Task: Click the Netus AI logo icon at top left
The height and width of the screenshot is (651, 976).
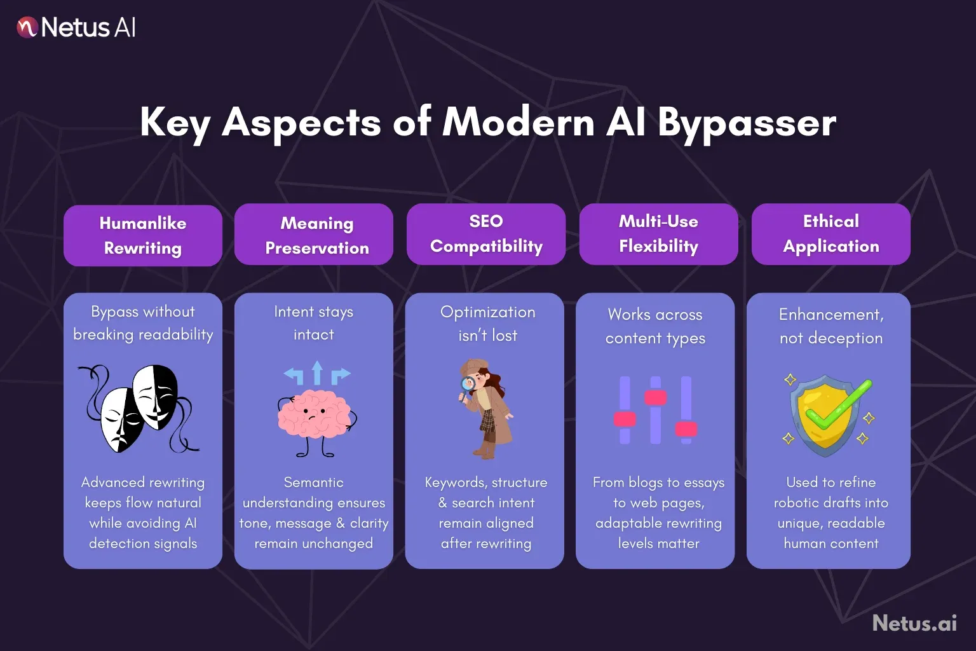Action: coord(27,27)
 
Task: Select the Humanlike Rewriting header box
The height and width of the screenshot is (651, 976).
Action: coord(143,235)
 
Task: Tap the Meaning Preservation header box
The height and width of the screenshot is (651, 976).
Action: coord(316,235)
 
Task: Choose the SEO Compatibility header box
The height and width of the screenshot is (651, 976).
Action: coord(486,234)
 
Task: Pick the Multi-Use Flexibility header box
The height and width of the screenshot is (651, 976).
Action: coord(658,234)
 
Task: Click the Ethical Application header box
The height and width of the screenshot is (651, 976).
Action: coord(830,234)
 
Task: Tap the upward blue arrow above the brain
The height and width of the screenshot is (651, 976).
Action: coord(317,373)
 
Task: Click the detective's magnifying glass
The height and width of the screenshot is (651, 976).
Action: coord(468,385)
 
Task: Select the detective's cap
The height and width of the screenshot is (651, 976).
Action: coord(473,367)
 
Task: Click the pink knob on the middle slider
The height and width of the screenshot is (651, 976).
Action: coord(655,398)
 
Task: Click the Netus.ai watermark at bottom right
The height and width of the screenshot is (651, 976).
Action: coord(914,623)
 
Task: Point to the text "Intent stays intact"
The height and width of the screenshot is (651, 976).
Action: coord(313,323)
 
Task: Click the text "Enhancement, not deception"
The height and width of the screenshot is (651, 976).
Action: coord(830,326)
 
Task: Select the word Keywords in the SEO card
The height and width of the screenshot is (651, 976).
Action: coord(454,483)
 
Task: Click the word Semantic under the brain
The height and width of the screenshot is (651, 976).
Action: coord(313,483)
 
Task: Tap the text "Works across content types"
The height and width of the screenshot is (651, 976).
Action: coord(655,326)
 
